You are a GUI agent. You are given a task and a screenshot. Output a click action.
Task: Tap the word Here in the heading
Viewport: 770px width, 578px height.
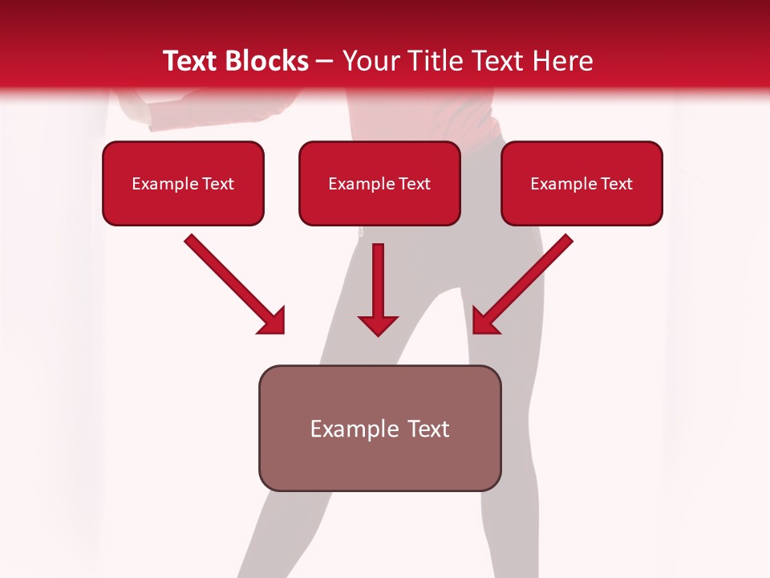coord(563,61)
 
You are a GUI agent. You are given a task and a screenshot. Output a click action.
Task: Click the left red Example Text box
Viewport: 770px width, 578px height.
coord(183,183)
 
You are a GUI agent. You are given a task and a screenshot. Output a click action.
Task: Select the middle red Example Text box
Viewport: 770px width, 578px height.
coord(379,183)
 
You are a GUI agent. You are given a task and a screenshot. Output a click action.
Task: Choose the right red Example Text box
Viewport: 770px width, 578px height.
coord(582,183)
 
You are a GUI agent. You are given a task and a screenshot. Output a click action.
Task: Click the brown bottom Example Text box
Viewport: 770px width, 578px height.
coord(379,428)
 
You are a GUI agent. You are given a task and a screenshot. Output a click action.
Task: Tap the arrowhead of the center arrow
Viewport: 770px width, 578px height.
coord(378,324)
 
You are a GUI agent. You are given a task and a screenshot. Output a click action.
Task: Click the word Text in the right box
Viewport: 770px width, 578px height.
coord(616,184)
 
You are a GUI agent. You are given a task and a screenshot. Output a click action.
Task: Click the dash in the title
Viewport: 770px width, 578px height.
coord(326,62)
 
